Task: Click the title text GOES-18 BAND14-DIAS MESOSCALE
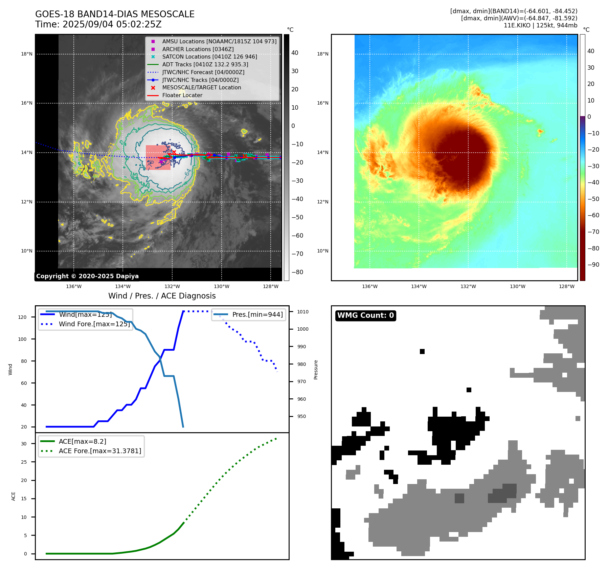(115, 14)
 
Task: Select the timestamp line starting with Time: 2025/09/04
(98, 24)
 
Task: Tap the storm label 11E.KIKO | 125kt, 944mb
(540, 25)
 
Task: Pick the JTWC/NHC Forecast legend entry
(203, 72)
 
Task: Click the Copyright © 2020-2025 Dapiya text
(87, 276)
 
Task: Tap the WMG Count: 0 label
(365, 315)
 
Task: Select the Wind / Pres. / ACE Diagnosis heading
(162, 296)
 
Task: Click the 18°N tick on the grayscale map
(27, 54)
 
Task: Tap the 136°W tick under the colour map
(369, 286)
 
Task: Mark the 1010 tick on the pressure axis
(303, 312)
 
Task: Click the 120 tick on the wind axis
(22, 317)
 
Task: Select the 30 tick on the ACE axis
(24, 444)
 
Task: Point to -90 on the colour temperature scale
(593, 265)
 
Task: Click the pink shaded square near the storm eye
(158, 158)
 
